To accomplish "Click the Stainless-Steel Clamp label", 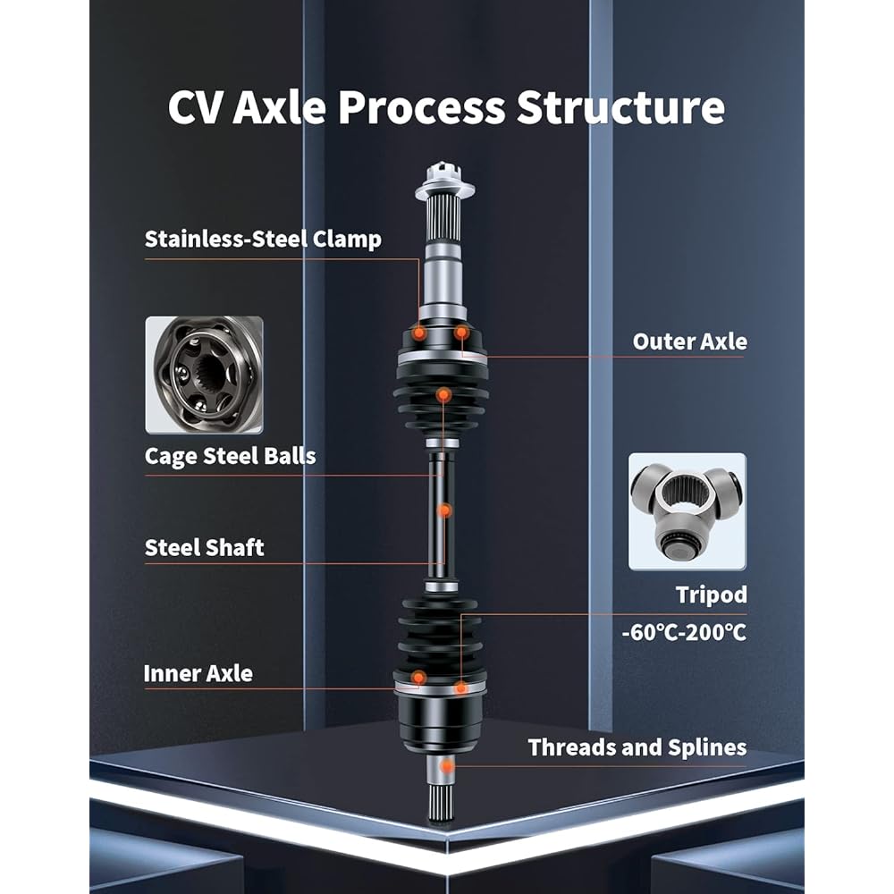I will (263, 239).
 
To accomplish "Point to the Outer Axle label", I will (689, 341).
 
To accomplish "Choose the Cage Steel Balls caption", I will (230, 456).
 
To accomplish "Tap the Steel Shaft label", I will (205, 547).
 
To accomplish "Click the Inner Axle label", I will (198, 673).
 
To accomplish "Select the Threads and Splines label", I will (637, 747).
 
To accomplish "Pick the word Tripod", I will (712, 595).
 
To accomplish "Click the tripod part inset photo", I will (687, 511).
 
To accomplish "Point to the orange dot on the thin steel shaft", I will (444, 510).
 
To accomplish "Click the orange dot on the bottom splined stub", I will (447, 766).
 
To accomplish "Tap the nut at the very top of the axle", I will (443, 173).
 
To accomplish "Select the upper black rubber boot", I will (443, 393).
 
